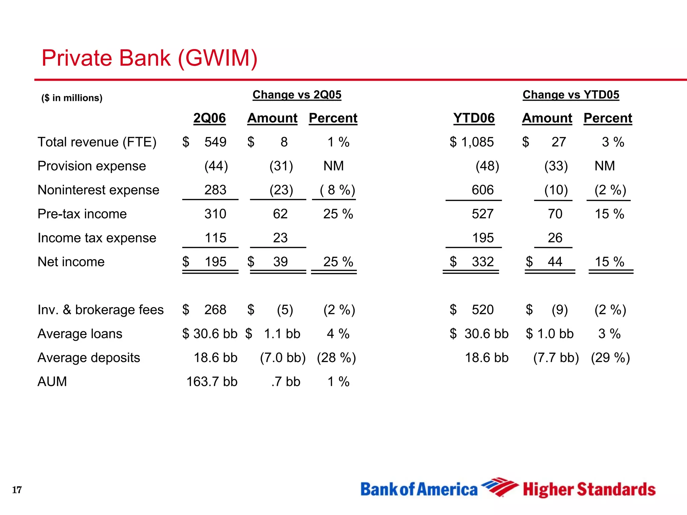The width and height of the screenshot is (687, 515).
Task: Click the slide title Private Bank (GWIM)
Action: [x=149, y=58]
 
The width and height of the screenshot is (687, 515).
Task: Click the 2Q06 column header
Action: [x=209, y=118]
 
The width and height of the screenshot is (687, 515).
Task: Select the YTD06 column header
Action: [x=474, y=118]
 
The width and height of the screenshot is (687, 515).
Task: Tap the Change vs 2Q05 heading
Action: [x=297, y=95]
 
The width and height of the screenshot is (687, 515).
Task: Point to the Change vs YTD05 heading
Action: [x=571, y=95]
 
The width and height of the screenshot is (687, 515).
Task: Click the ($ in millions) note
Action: [x=72, y=98]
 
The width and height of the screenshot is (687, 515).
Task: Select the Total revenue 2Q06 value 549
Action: [x=215, y=142]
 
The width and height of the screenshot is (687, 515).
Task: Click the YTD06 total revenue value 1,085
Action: [x=477, y=142]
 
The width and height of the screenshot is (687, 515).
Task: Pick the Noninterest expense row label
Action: [x=98, y=190]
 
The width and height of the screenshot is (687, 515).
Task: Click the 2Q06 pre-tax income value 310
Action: [x=215, y=214]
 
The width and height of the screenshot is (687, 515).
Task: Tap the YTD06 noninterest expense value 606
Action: [x=482, y=190]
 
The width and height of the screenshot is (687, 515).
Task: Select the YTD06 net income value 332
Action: [x=482, y=262]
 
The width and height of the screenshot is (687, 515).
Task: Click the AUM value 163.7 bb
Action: [x=212, y=382]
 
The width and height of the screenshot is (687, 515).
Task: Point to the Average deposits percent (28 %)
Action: [x=336, y=357]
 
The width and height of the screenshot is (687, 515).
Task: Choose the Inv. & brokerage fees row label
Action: [x=101, y=309]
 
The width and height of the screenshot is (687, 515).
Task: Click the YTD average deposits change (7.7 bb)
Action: [x=556, y=357]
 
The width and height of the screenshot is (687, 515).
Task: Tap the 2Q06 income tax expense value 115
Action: [x=215, y=238]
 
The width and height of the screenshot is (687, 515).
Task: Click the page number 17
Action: [x=17, y=490]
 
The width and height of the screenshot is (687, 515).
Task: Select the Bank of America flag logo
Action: [x=499, y=487]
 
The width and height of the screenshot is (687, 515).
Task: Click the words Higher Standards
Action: [x=589, y=490]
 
